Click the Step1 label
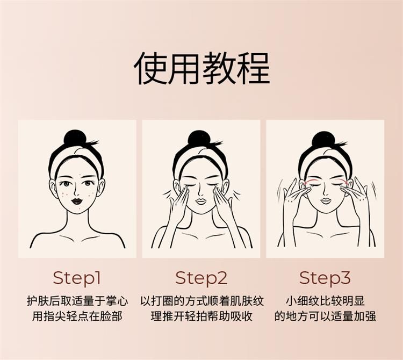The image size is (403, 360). pos(77,278)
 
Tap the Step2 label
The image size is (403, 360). pos(201,278)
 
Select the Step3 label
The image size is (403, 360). pos(325,278)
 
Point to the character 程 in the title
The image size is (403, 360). pos(253,68)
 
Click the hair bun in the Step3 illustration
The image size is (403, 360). pos(323,140)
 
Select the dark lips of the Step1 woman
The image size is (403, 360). pos(76,201)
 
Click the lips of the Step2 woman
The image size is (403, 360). pos(201,201)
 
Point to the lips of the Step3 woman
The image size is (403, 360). pos(325,200)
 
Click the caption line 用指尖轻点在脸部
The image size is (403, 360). pos(77,316)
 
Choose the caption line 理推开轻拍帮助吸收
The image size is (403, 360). pos(201,316)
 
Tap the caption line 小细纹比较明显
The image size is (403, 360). pos(326,301)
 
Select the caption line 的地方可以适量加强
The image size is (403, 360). pos(325,316)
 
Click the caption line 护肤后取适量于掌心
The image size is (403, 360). pos(77,301)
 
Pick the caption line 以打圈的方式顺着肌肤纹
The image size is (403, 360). pos(202,301)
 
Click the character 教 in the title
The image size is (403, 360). pos(219,68)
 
